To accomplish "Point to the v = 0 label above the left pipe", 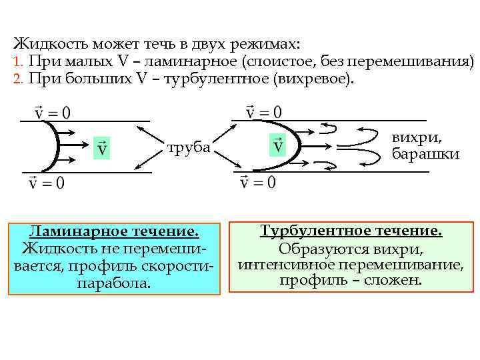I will [x=51, y=110].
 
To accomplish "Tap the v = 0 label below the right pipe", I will [x=257, y=181].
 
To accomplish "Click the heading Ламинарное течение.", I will [x=114, y=232].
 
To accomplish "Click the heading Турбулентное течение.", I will [x=351, y=231].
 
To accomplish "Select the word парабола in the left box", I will [x=114, y=283].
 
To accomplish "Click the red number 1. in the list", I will [x=18, y=62].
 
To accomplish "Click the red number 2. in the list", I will [x=18, y=79].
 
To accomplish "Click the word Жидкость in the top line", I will [x=45, y=45].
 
